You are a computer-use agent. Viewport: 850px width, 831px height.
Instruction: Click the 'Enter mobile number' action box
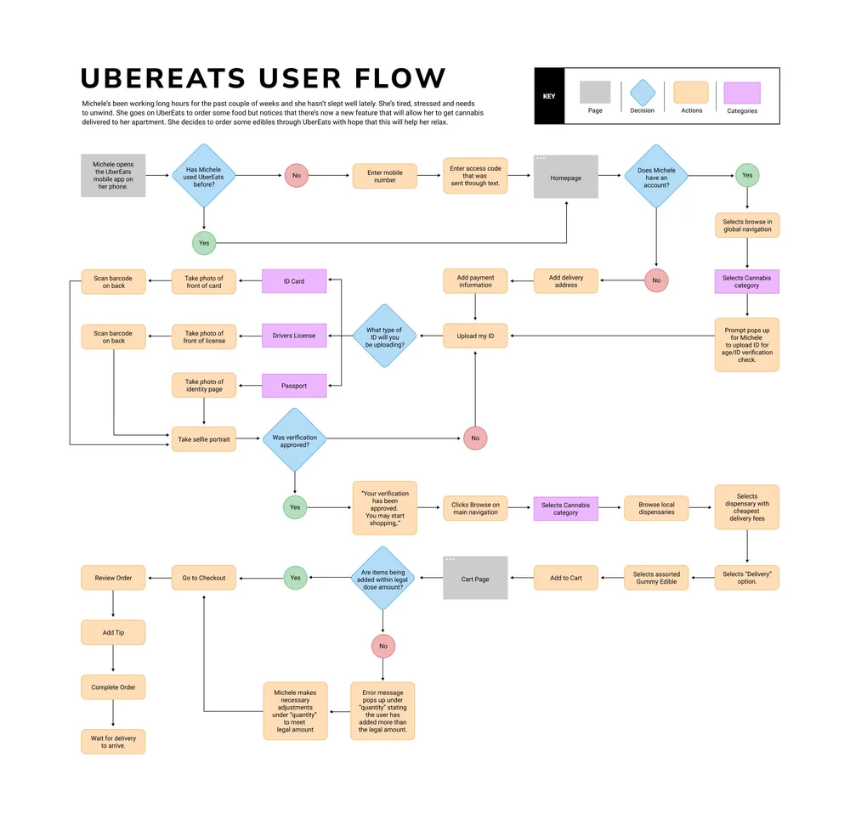(385, 176)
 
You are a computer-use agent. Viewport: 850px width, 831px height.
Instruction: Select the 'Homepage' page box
(565, 177)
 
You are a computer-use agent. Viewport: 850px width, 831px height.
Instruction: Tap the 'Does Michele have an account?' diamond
(656, 176)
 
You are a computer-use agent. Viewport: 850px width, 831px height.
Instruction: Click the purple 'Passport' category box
(294, 386)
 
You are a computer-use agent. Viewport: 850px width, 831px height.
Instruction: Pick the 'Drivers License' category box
(294, 336)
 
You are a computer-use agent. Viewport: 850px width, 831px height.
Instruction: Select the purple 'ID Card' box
(294, 281)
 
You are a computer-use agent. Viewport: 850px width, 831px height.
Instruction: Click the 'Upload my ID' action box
(475, 336)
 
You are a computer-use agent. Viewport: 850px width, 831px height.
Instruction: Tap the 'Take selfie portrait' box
(204, 439)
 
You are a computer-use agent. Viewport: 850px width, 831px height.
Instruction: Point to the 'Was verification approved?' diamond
(294, 440)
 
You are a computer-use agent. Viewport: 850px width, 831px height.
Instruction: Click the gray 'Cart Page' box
(475, 578)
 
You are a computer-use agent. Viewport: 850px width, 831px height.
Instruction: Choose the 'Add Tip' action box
(113, 633)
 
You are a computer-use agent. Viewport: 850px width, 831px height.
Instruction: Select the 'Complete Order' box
(113, 687)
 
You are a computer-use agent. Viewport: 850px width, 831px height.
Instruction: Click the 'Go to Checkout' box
(204, 578)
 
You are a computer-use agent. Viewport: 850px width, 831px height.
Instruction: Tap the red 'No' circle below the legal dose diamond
(383, 646)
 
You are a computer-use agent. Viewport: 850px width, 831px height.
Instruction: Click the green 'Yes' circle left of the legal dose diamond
(295, 578)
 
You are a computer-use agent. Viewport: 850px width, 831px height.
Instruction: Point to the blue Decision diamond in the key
(643, 93)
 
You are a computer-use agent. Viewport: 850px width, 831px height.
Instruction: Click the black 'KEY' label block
(549, 96)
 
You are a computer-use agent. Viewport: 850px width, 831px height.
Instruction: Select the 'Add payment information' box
(475, 281)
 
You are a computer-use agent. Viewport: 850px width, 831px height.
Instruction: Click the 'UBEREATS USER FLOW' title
(263, 78)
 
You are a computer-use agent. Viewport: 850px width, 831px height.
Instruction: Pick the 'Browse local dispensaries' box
(656, 508)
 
